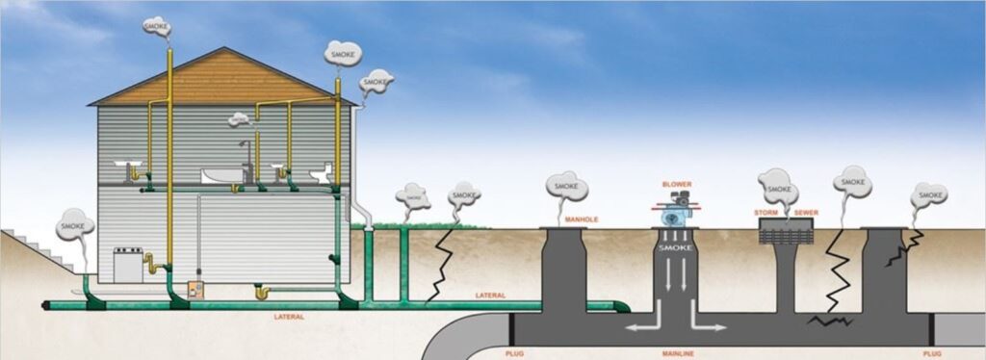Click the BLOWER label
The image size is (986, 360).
(x=677, y=184)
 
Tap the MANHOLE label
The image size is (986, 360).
(x=581, y=219)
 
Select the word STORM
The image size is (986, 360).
(x=765, y=213)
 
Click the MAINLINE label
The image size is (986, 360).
(x=678, y=353)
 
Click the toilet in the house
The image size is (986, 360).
(x=322, y=174)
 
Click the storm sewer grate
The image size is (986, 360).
(x=786, y=231)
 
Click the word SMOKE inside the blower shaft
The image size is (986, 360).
(x=675, y=248)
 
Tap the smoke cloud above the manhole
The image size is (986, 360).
(x=566, y=187)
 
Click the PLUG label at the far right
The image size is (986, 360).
(x=932, y=353)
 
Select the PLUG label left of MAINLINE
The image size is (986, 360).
(x=514, y=353)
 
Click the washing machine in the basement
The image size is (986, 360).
(x=128, y=265)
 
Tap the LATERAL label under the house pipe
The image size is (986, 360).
(x=289, y=318)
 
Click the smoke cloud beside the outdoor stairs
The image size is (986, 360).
(x=75, y=225)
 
